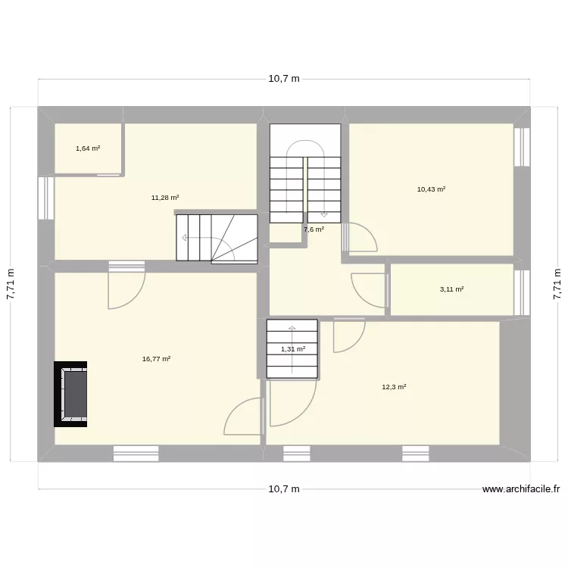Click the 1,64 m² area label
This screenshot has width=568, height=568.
(88, 148)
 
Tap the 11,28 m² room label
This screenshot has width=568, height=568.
(165, 198)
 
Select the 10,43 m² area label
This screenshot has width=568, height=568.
(431, 189)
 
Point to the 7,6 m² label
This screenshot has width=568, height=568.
(314, 229)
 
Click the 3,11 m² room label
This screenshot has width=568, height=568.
(451, 289)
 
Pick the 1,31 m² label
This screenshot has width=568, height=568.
(293, 349)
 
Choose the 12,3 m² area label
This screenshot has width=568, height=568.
(394, 387)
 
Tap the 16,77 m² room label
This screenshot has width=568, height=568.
(156, 360)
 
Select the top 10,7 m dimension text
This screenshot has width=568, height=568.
(284, 79)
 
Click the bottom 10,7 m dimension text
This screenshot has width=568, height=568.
(284, 489)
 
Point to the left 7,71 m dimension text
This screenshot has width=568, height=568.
(11, 285)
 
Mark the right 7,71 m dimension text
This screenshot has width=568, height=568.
(557, 285)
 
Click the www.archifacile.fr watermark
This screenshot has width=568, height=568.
(520, 489)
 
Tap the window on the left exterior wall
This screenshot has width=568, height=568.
(45, 198)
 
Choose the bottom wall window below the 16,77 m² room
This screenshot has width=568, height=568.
(136, 453)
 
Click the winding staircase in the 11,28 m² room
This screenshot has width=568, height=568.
(217, 238)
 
